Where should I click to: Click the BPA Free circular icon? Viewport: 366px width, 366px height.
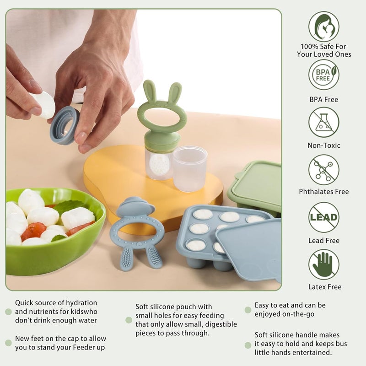coord(323,74)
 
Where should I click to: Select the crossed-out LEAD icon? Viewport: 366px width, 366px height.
coord(323,217)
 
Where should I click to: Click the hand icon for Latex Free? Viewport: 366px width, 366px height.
coord(323,264)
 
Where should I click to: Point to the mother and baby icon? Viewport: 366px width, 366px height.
coord(323,26)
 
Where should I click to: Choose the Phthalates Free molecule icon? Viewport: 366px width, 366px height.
coord(323,169)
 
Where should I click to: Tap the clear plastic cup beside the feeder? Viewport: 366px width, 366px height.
coord(190,168)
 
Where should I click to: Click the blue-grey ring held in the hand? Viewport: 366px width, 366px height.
coord(65,125)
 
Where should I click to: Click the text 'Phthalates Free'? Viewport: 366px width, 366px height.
coord(323,192)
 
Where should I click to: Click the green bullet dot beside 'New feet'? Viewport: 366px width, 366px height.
coord(8,343)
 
